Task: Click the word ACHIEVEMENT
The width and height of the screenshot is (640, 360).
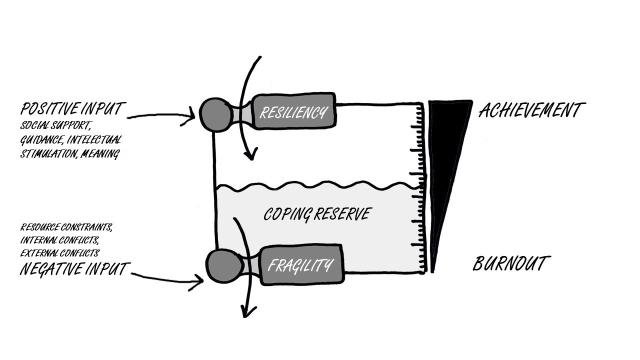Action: [528, 109]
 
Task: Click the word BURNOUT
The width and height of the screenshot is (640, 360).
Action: [510, 265]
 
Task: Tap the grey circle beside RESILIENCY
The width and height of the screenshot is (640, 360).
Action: [216, 114]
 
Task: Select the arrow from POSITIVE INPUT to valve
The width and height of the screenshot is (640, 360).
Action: [165, 116]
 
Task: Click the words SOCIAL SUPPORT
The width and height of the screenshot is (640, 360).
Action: [49, 126]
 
